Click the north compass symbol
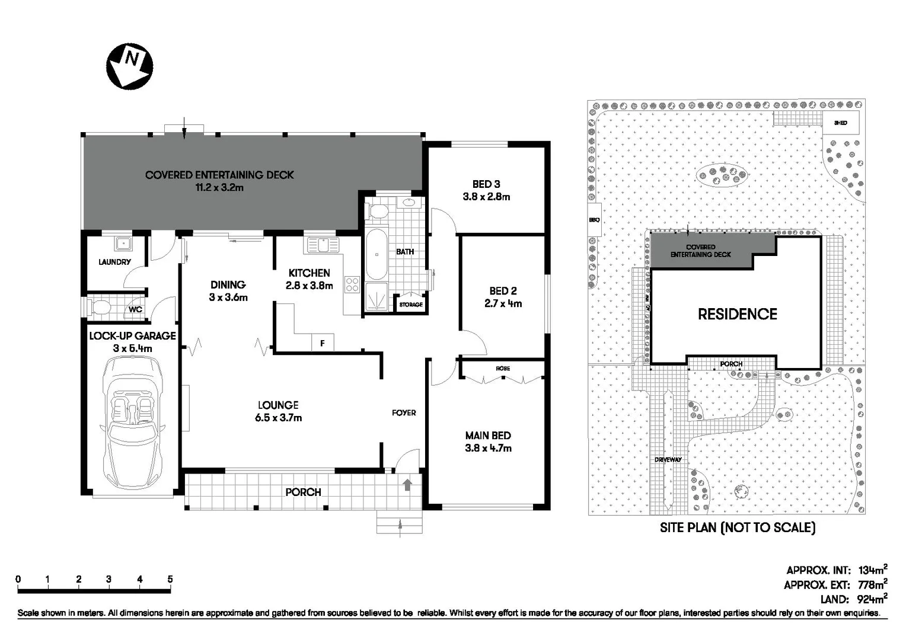(129, 65)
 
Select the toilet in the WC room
(101, 308)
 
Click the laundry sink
(123, 243)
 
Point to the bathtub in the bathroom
(376, 255)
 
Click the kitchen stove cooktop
(352, 284)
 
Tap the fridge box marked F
(323, 343)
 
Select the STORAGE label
(410, 305)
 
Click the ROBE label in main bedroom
(502, 369)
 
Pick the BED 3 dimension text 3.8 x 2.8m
(486, 197)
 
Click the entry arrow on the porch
(407, 485)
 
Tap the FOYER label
(404, 412)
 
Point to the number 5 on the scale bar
(170, 580)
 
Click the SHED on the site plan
(840, 123)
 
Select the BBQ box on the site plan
(594, 220)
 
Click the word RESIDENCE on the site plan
(737, 314)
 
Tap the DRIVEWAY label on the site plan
(668, 460)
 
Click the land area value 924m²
(872, 599)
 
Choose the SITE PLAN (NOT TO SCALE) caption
(737, 527)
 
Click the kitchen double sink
(323, 244)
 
